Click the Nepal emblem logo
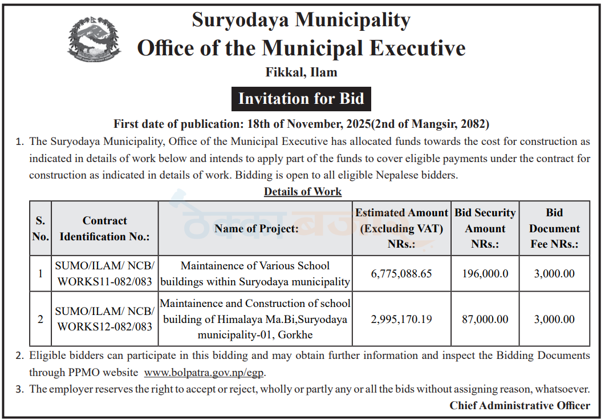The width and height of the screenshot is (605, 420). [x=94, y=39]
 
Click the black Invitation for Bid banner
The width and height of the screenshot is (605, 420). [x=301, y=99]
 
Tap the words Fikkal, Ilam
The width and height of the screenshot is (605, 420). [x=301, y=72]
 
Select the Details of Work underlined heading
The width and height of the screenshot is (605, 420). [x=302, y=192]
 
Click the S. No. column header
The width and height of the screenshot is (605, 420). [x=40, y=228]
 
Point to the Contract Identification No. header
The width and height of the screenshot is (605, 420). [x=105, y=228]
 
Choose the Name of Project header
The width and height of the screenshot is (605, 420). [x=256, y=228]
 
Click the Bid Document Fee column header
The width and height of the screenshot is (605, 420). [x=554, y=228]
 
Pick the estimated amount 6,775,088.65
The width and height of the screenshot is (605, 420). [x=401, y=274]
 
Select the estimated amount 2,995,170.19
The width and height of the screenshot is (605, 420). [x=401, y=320]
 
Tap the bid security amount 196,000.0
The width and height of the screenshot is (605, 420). [x=485, y=274]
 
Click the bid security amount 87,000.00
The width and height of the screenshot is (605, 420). [x=485, y=320]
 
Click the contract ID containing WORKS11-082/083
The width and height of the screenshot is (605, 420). [x=105, y=274]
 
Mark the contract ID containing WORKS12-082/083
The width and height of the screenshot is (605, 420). [x=105, y=320]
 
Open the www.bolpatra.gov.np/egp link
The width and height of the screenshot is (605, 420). [x=205, y=373]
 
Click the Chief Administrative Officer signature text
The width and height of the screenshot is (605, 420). [x=519, y=406]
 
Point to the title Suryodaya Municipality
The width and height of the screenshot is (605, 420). [x=301, y=20]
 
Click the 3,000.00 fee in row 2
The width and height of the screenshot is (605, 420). [x=554, y=320]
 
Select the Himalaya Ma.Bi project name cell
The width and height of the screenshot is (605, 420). [x=255, y=320]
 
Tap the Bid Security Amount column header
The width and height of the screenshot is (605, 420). [x=485, y=228]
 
